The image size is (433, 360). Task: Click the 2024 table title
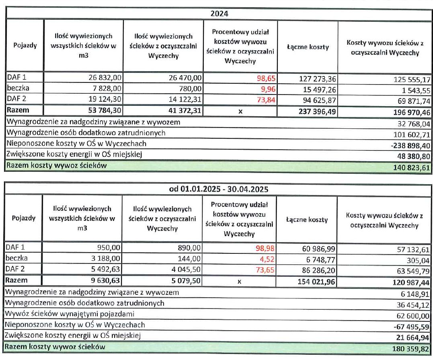(x=219, y=14)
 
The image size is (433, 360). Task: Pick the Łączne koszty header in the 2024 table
(x=308, y=47)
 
